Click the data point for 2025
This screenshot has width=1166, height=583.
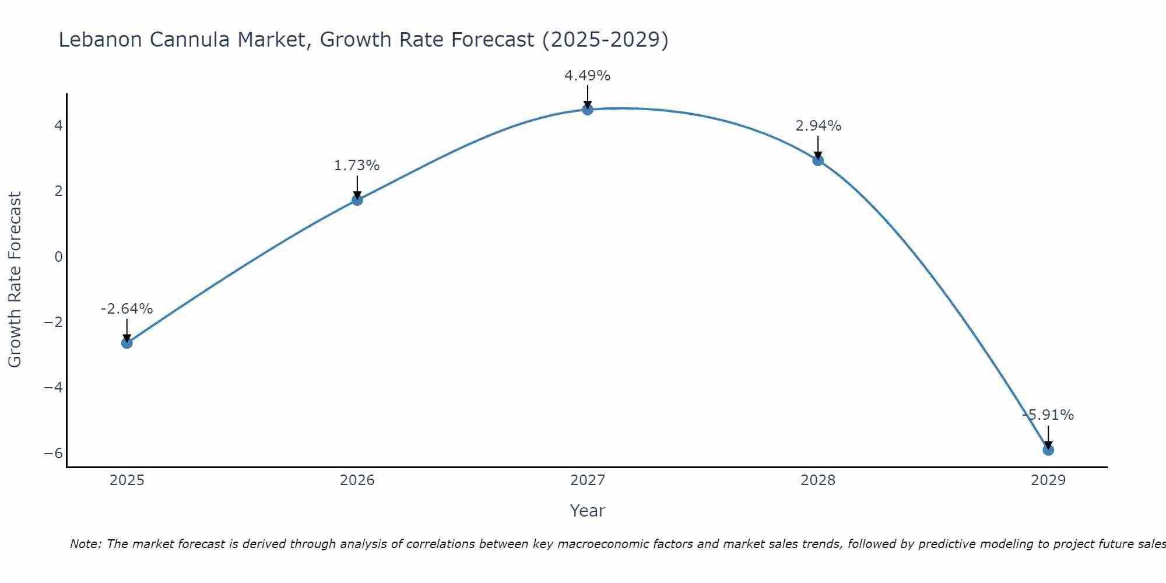[127, 343]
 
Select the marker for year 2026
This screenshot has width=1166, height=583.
[357, 200]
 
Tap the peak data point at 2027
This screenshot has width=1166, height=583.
[588, 110]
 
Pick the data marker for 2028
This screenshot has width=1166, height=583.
[818, 160]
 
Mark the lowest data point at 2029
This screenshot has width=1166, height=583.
[1048, 450]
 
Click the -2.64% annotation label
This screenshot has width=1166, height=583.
[127, 309]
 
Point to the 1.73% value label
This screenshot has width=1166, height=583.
[357, 166]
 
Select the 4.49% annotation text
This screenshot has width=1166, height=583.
[587, 76]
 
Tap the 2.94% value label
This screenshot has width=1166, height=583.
[818, 126]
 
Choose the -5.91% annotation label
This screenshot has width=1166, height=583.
[1048, 415]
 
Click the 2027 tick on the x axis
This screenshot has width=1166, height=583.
[588, 480]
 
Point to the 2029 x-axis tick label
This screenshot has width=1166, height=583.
[1048, 480]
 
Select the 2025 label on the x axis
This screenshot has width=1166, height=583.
[127, 480]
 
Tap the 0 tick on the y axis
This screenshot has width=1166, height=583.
[58, 257]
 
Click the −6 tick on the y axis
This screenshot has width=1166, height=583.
[54, 453]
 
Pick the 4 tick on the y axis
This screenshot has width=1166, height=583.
[58, 125]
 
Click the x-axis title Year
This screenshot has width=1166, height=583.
[588, 511]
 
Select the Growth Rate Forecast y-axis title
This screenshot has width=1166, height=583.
[15, 280]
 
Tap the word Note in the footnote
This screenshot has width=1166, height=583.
[85, 544]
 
